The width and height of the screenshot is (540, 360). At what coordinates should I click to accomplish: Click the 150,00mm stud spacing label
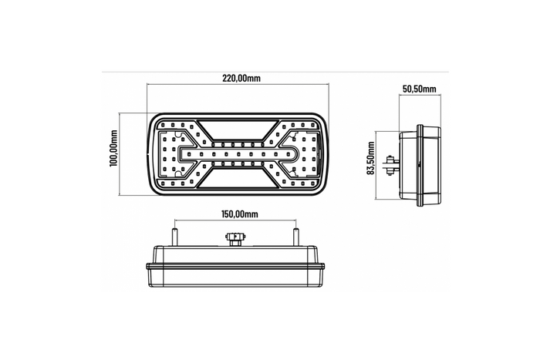[x=238, y=214]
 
